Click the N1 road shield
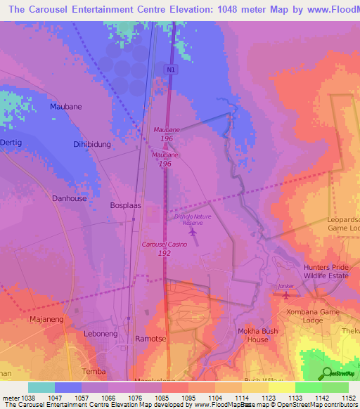click(x=170, y=70)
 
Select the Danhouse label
click(x=70, y=199)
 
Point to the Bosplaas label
click(x=127, y=206)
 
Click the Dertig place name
click(x=11, y=143)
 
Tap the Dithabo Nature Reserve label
click(x=188, y=219)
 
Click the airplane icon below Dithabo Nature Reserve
click(x=193, y=232)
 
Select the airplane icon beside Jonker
click(x=285, y=295)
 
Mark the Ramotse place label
click(x=149, y=339)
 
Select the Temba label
click(x=94, y=371)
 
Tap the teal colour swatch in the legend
click(x=41, y=387)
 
